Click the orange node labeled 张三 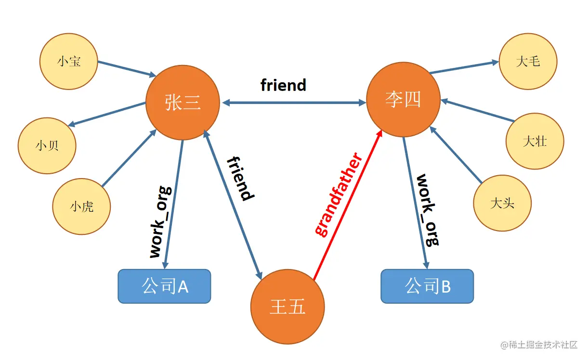pyautogui.click(x=183, y=103)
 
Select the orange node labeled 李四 pyautogui.click(x=403, y=100)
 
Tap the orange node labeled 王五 pyautogui.click(x=287, y=307)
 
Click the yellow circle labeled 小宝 pyautogui.click(x=69, y=61)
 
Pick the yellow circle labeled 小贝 pyautogui.click(x=47, y=145)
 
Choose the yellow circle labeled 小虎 pyautogui.click(x=81, y=206)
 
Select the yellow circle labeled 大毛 pyautogui.click(x=528, y=61)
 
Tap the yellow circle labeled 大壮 pyautogui.click(x=535, y=141)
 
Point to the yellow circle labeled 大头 pyautogui.click(x=502, y=203)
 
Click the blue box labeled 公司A pyautogui.click(x=164, y=286)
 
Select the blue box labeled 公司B pyautogui.click(x=427, y=286)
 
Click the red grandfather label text pyautogui.click(x=339, y=194)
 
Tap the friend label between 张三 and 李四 pyautogui.click(x=283, y=85)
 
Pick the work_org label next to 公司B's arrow pyautogui.click(x=428, y=209)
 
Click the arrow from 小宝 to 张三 pyautogui.click(x=126, y=68)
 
